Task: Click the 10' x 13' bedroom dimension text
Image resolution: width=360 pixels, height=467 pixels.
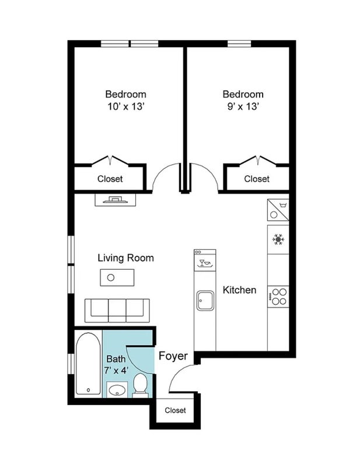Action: (126, 106)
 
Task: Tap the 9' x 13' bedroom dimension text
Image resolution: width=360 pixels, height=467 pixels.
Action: (243, 106)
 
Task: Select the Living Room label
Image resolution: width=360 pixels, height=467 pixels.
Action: (125, 257)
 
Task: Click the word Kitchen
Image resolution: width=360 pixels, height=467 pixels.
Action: (239, 290)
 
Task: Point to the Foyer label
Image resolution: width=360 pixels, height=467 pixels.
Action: (173, 356)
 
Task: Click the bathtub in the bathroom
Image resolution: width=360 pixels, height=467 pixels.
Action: (88, 364)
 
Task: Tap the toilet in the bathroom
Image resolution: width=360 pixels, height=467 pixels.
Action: (140, 385)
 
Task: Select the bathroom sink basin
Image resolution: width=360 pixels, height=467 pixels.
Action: (117, 390)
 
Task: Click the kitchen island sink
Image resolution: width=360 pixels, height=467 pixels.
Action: (205, 301)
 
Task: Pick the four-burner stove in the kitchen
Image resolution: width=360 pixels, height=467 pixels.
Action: (278, 297)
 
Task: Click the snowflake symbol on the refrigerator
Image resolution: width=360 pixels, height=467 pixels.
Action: (278, 239)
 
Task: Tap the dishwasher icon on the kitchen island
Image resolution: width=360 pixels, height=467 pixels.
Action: (205, 263)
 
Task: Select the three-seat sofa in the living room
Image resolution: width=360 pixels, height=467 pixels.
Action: (117, 311)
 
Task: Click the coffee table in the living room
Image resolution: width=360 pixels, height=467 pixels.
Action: (117, 278)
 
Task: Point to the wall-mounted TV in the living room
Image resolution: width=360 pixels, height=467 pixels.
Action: (116, 200)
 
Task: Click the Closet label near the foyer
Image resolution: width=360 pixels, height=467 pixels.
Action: (175, 410)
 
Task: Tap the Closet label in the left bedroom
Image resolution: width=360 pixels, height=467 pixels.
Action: (110, 179)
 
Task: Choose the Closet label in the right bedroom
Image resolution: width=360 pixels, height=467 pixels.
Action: (257, 179)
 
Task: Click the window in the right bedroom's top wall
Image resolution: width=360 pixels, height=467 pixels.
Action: (239, 43)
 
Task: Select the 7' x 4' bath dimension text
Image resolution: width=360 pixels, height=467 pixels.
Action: (116, 370)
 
